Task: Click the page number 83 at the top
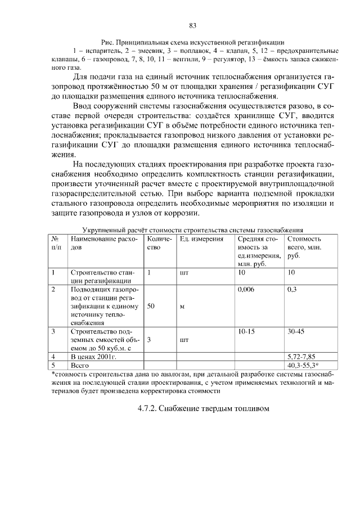(192, 25)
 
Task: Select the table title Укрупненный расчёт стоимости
(192, 229)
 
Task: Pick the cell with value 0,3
(291, 289)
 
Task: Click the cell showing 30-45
(296, 332)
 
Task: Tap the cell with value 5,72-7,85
(300, 357)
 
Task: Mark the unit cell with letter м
(182, 307)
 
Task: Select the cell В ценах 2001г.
(93, 357)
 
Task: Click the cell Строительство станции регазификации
(103, 276)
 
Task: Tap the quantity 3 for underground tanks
(149, 340)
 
